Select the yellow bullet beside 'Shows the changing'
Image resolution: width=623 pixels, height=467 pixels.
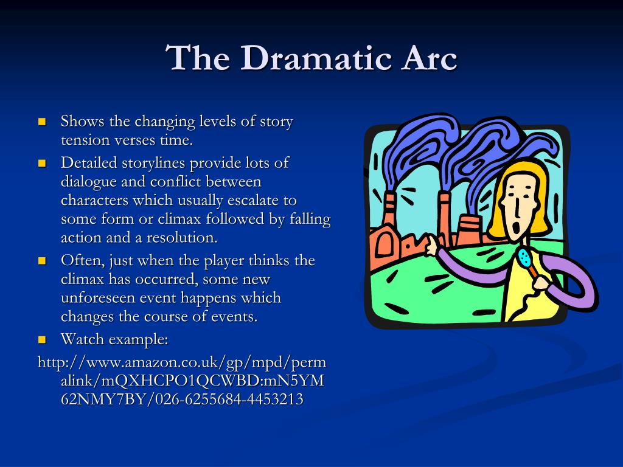[42, 122]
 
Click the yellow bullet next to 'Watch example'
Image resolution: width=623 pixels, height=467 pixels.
[42, 339]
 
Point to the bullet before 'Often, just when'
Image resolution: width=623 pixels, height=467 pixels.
[42, 261]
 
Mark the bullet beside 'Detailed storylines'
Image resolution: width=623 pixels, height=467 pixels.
[42, 163]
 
